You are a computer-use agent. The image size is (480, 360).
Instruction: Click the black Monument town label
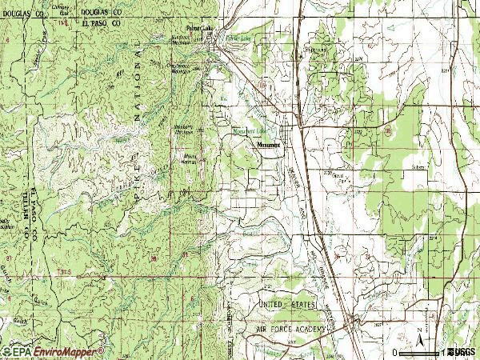[270, 146]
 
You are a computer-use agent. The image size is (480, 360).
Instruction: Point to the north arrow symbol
[420, 334]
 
